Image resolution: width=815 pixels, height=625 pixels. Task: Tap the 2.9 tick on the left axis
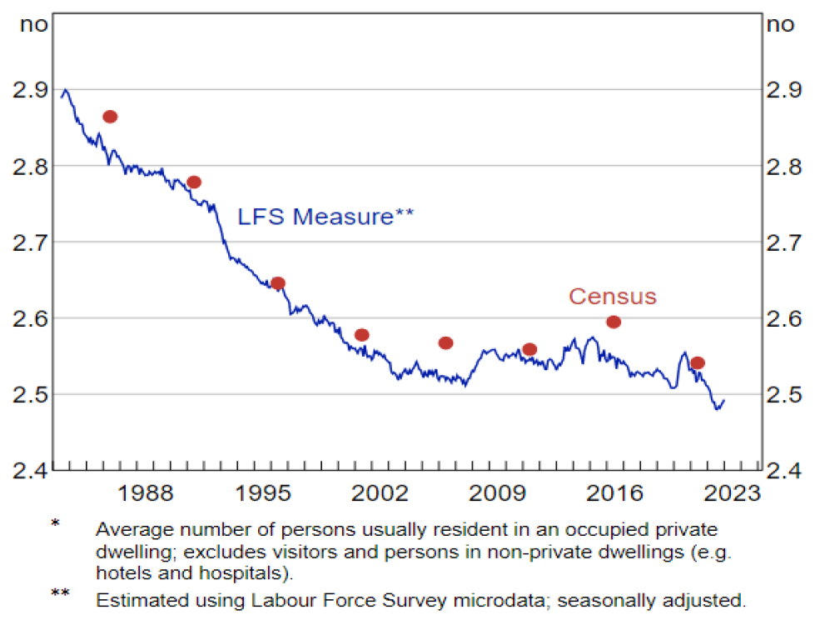30,90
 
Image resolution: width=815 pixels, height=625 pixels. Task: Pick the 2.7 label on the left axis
30,242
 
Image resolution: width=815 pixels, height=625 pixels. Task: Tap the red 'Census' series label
613,296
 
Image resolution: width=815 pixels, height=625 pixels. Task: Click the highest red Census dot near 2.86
110,117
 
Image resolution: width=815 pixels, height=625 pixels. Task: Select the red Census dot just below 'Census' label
614,322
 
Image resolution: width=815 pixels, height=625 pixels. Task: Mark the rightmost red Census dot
698,362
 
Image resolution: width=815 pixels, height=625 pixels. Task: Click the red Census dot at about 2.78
194,182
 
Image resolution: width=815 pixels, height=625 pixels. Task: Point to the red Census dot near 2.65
278,283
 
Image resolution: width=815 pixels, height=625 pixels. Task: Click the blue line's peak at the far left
65,89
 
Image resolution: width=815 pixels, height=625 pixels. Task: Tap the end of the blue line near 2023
724,401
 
